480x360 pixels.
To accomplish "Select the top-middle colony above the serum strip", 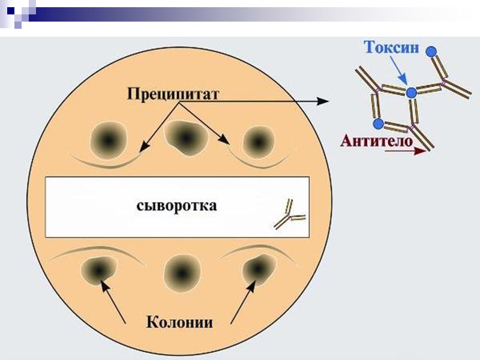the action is [183, 137].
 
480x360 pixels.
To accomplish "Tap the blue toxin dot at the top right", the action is [431, 51].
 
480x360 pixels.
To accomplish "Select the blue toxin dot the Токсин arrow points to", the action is [411, 93].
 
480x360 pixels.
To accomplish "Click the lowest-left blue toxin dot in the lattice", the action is [378, 124].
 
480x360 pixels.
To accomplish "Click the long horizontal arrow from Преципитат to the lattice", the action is [270, 101].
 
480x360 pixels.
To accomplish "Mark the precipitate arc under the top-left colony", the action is [105, 162].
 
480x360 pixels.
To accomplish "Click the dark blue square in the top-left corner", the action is [10, 10].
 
